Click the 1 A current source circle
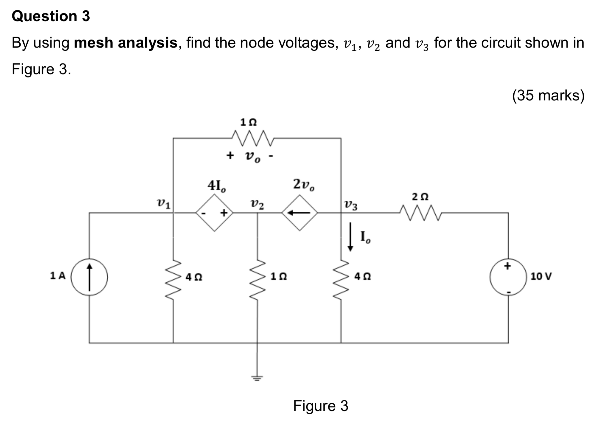click(89, 277)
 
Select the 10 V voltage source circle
click(508, 277)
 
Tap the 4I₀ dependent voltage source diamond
click(214, 213)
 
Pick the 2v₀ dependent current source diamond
click(300, 213)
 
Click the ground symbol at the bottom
click(257, 378)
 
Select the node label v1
click(163, 204)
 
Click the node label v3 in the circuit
click(351, 205)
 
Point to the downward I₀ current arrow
click(350, 236)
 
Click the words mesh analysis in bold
click(126, 43)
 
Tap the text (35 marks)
click(548, 95)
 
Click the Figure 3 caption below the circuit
click(320, 406)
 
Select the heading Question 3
click(51, 16)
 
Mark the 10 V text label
click(541, 277)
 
